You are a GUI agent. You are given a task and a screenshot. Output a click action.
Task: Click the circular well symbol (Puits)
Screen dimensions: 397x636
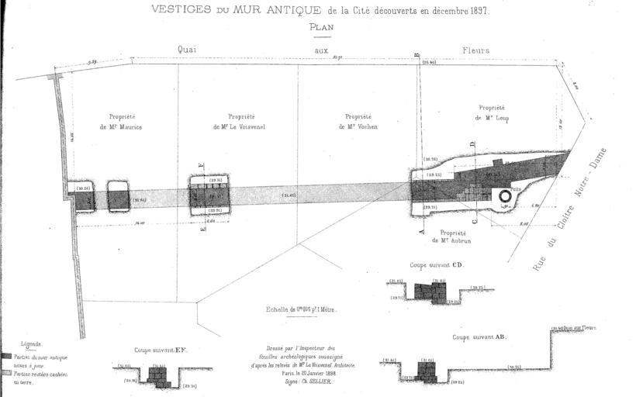click(505, 197)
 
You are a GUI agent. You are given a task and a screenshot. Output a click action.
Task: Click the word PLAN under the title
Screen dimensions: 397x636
click(320, 26)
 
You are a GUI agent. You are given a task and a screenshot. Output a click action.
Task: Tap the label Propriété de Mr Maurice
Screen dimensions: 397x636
click(120, 122)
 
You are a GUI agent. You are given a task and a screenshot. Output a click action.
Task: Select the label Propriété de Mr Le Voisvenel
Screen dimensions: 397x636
click(239, 122)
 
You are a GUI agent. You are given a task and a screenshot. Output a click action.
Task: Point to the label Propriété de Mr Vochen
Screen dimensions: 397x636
click(357, 122)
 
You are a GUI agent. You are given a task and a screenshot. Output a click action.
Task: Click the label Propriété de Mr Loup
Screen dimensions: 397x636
click(492, 113)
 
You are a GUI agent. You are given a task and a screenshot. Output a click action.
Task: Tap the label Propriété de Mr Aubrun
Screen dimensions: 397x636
click(452, 236)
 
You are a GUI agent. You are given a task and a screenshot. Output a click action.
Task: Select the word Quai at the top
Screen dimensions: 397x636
click(187, 50)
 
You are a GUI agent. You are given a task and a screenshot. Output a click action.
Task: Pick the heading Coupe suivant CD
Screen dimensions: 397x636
click(437, 264)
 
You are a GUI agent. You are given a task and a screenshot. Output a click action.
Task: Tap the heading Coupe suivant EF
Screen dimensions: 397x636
click(161, 350)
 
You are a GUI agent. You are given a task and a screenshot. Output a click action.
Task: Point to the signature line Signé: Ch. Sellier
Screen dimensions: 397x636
click(296, 381)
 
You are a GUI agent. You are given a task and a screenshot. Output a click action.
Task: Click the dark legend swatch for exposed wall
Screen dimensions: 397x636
click(7, 357)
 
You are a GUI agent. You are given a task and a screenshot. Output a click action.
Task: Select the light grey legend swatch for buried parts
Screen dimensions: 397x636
click(7, 374)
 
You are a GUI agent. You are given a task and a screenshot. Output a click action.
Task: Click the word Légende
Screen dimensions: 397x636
click(31, 343)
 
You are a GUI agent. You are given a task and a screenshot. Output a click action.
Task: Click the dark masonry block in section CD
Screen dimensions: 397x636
click(431, 292)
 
